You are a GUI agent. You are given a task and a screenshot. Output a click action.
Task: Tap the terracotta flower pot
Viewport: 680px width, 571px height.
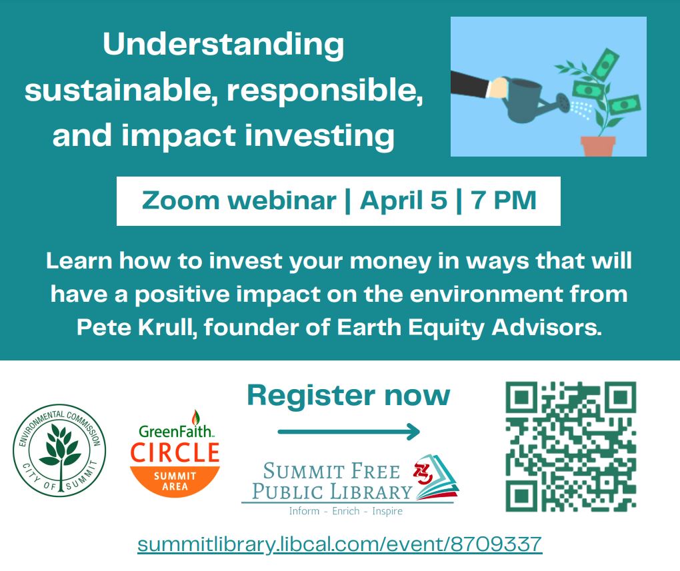click(x=598, y=147)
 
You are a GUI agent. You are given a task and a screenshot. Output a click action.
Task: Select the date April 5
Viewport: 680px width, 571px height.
click(x=403, y=201)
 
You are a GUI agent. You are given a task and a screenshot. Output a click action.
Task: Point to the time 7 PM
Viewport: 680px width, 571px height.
click(x=504, y=201)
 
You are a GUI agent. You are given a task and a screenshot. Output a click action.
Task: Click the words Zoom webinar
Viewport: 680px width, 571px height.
click(x=239, y=201)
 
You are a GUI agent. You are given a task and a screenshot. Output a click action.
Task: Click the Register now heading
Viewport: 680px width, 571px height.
click(x=349, y=395)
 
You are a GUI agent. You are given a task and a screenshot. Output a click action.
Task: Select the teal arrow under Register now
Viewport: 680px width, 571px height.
click(x=349, y=431)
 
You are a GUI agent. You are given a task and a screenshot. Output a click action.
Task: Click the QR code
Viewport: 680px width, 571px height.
click(x=571, y=446)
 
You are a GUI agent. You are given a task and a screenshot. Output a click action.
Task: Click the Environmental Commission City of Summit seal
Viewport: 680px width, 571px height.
click(x=59, y=450)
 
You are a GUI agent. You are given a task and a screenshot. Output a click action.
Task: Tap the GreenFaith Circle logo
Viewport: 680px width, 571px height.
click(x=175, y=453)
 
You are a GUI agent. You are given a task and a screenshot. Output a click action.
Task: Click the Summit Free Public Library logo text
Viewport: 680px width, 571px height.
click(x=332, y=482)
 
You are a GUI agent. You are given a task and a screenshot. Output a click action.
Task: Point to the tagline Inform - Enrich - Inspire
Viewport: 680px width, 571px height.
click(x=345, y=511)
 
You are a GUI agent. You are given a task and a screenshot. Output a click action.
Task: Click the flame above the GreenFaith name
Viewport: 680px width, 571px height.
click(x=196, y=418)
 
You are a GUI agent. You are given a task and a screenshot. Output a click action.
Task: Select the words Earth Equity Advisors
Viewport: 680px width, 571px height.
click(x=469, y=327)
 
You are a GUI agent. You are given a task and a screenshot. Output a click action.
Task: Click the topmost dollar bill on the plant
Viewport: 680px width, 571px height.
click(x=605, y=64)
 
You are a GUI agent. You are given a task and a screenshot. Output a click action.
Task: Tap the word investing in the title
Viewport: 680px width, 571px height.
click(x=319, y=137)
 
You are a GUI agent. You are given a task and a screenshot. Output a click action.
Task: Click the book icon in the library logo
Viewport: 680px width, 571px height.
click(x=437, y=477)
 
